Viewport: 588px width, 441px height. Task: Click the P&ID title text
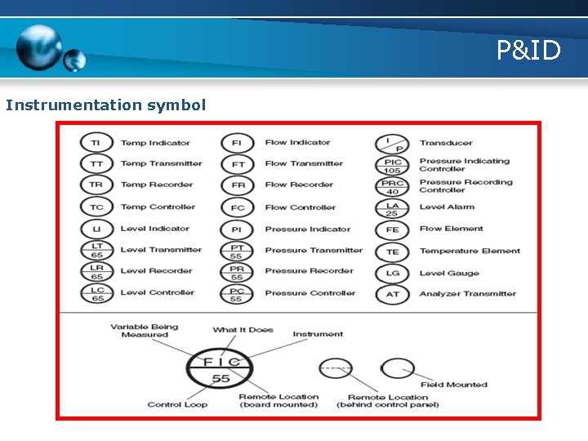[529, 51]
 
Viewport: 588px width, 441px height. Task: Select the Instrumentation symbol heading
[105, 105]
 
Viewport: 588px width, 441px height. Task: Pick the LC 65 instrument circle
[96, 293]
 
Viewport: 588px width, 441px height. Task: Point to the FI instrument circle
[237, 143]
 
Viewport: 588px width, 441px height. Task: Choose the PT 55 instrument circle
[237, 252]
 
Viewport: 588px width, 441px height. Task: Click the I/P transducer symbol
[393, 144]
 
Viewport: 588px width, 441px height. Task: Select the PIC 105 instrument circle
[393, 166]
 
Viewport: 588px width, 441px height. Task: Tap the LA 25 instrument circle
[393, 209]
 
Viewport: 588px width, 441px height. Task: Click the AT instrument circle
[393, 295]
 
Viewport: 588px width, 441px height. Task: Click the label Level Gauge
[449, 274]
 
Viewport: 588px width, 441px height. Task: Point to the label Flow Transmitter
[304, 164]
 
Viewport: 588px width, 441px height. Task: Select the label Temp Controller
[158, 207]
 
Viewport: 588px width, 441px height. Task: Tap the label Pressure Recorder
[309, 271]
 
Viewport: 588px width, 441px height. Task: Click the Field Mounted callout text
[453, 385]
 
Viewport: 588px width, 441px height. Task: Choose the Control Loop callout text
[176, 404]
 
